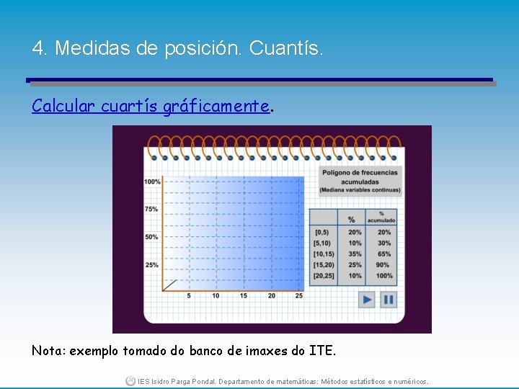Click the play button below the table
367,299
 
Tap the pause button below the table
389,299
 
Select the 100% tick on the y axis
152,182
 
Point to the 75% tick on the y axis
151,209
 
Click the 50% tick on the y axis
151,237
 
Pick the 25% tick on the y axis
151,265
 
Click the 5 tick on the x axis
189,296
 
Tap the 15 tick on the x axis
244,296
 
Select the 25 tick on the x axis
299,296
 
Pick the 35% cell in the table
355,254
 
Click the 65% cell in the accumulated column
384,254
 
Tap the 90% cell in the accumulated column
384,265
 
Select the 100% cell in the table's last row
384,276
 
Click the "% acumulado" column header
382,217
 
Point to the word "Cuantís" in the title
286,49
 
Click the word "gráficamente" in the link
216,107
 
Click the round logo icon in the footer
130,380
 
